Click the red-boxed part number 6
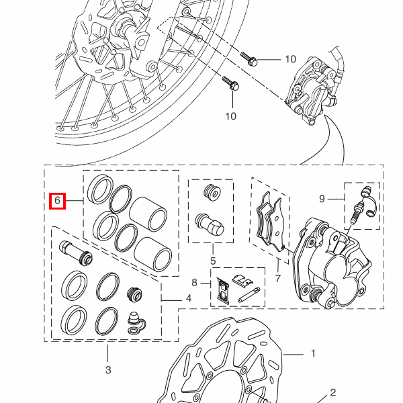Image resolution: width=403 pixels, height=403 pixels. coord(57,200)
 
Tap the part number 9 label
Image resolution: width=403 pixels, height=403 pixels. coord(322,199)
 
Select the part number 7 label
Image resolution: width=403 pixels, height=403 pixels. coord(277,277)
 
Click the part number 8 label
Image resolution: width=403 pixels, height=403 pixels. coord(193,283)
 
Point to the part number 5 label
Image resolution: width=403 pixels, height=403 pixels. coord(212,261)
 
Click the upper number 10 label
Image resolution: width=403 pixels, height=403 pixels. coord(290,59)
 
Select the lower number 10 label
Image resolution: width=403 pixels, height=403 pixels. coord(230,116)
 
